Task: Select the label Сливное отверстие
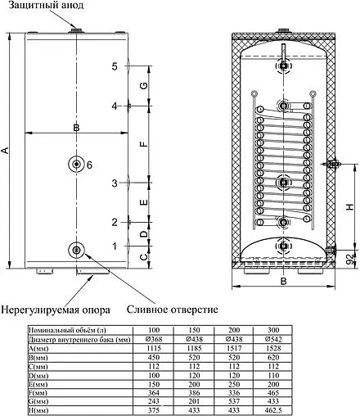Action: (172, 310)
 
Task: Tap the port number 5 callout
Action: (115, 66)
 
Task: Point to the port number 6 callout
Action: (90, 165)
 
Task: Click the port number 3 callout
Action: (115, 183)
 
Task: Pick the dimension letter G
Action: (142, 86)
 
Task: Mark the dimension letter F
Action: (142, 144)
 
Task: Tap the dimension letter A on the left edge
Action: (7, 151)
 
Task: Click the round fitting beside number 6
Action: (76, 165)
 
